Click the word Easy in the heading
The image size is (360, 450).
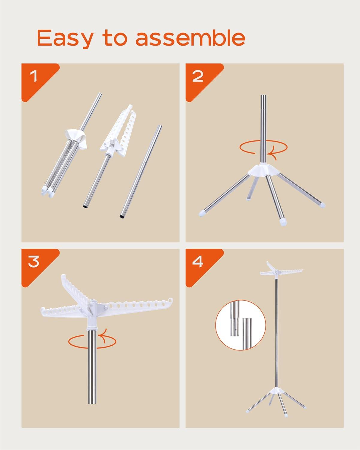(65, 38)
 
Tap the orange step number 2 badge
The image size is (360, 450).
(198, 76)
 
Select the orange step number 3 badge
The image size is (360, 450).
(34, 262)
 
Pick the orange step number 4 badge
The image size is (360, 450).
(198, 262)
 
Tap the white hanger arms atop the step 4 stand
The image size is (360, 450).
(277, 272)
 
